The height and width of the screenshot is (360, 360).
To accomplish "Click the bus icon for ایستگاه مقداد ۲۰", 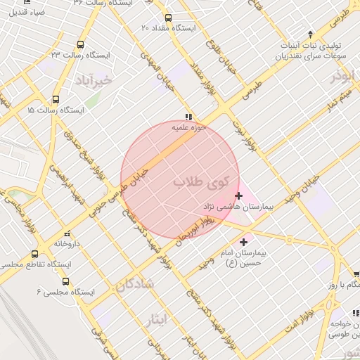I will coord(167,18).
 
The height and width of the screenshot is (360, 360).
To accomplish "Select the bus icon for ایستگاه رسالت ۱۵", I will coord(56,100).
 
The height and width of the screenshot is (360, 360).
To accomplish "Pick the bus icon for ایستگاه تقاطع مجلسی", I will coord(35,254).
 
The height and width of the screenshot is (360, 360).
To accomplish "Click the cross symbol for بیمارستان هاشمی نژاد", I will coord(238,195).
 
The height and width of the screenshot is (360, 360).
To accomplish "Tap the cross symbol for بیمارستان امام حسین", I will coord(244,242).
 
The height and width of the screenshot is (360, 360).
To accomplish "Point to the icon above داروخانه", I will coord(67,233).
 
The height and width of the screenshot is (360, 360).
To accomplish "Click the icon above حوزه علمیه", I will coord(188,117).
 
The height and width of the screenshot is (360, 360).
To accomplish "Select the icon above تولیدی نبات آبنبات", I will coord(311,33).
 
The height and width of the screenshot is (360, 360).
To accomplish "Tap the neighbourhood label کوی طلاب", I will coord(202,182).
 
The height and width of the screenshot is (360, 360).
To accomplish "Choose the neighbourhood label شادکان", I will coord(130,285).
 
